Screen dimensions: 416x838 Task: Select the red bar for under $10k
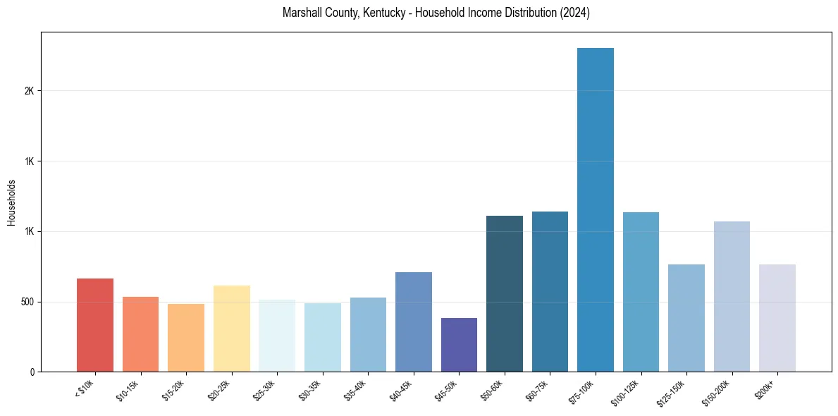coord(95,325)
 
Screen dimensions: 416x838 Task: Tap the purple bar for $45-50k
coord(459,345)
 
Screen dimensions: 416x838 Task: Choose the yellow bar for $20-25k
coord(232,329)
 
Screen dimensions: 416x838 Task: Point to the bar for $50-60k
coord(505,293)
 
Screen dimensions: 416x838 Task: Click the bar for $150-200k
coord(732,296)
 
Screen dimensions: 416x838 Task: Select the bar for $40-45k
coord(414,322)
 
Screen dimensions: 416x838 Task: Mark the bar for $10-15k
coord(140,334)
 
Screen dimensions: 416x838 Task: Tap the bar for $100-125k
coord(641,292)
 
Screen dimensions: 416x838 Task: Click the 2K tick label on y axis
coord(30,91)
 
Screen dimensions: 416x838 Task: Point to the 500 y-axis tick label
coord(27,302)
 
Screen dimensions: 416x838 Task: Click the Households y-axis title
coord(11,202)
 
